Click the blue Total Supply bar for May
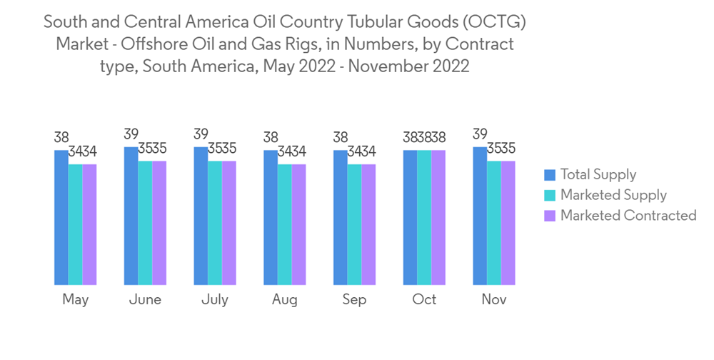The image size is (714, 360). click(x=61, y=218)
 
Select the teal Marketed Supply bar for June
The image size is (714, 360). click(x=145, y=223)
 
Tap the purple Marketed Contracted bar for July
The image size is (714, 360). click(x=229, y=223)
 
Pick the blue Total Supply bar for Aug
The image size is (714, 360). click(x=271, y=218)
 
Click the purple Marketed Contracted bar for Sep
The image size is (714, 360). click(x=368, y=225)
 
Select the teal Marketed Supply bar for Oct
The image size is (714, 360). click(x=424, y=218)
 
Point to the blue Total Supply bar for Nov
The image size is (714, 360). click(x=480, y=216)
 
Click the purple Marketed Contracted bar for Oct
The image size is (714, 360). click(x=438, y=218)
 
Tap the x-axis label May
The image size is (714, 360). click(x=75, y=300)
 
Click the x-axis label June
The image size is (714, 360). click(x=145, y=300)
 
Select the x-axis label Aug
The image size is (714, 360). click(x=284, y=300)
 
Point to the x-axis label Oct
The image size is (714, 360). click(x=424, y=300)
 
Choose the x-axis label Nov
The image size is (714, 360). click(x=493, y=300)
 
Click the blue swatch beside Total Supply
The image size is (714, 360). click(x=550, y=175)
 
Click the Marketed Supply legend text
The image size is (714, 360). click(x=613, y=195)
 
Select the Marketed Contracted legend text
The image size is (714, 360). click(x=628, y=215)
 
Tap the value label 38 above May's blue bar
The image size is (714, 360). click(x=61, y=137)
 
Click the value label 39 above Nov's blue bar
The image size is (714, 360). click(x=480, y=134)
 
